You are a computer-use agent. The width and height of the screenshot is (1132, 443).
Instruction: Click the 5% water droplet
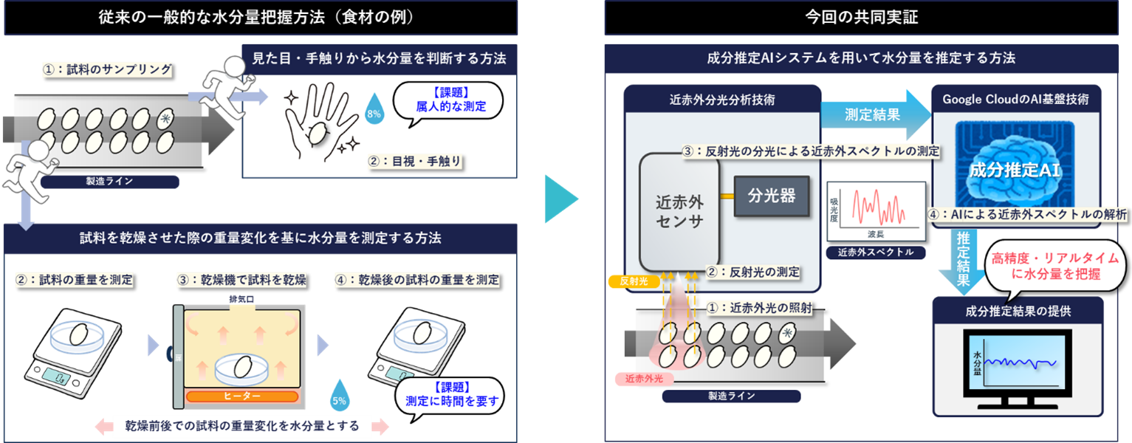(340, 397)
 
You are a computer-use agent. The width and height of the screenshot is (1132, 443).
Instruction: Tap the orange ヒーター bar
(241, 396)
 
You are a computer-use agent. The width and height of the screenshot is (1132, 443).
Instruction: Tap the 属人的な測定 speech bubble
(448, 102)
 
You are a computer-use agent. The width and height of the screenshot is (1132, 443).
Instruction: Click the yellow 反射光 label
(627, 281)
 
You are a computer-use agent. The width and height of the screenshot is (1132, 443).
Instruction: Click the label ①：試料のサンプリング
(107, 70)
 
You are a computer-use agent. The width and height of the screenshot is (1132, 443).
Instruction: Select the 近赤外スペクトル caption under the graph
(876, 252)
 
